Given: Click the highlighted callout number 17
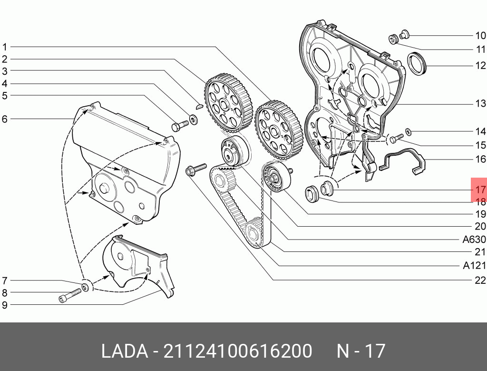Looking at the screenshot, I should pyautogui.click(x=479, y=190).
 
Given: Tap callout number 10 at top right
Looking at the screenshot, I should pyautogui.click(x=480, y=35).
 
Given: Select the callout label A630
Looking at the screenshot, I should pyautogui.click(x=474, y=240).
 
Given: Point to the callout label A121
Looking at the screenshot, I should pyautogui.click(x=474, y=266).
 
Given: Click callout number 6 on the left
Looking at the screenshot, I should pyautogui.click(x=5, y=119).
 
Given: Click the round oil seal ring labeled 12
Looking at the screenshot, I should pyautogui.click(x=418, y=64).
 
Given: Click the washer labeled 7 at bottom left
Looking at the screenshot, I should pyautogui.click(x=86, y=287).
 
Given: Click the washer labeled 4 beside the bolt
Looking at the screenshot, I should pyautogui.click(x=194, y=118).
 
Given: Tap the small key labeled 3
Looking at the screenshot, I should pyautogui.click(x=200, y=106).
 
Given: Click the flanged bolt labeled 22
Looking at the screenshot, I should pyautogui.click(x=195, y=169).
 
